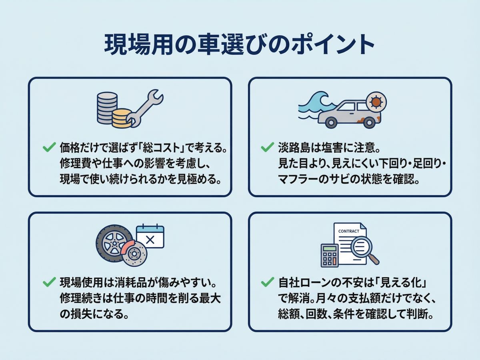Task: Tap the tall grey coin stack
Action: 106,107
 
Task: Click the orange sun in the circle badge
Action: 376,102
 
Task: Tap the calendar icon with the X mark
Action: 150,237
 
